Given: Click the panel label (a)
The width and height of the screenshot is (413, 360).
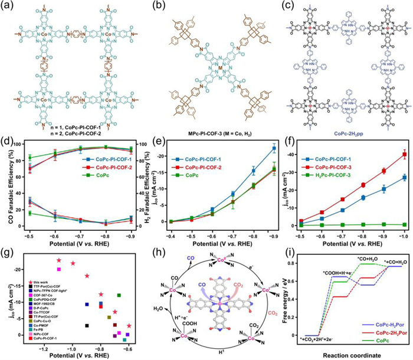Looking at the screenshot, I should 7,6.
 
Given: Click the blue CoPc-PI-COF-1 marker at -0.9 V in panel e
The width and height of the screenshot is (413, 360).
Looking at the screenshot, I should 274,148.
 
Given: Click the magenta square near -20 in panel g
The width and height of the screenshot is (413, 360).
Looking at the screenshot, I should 59,269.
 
